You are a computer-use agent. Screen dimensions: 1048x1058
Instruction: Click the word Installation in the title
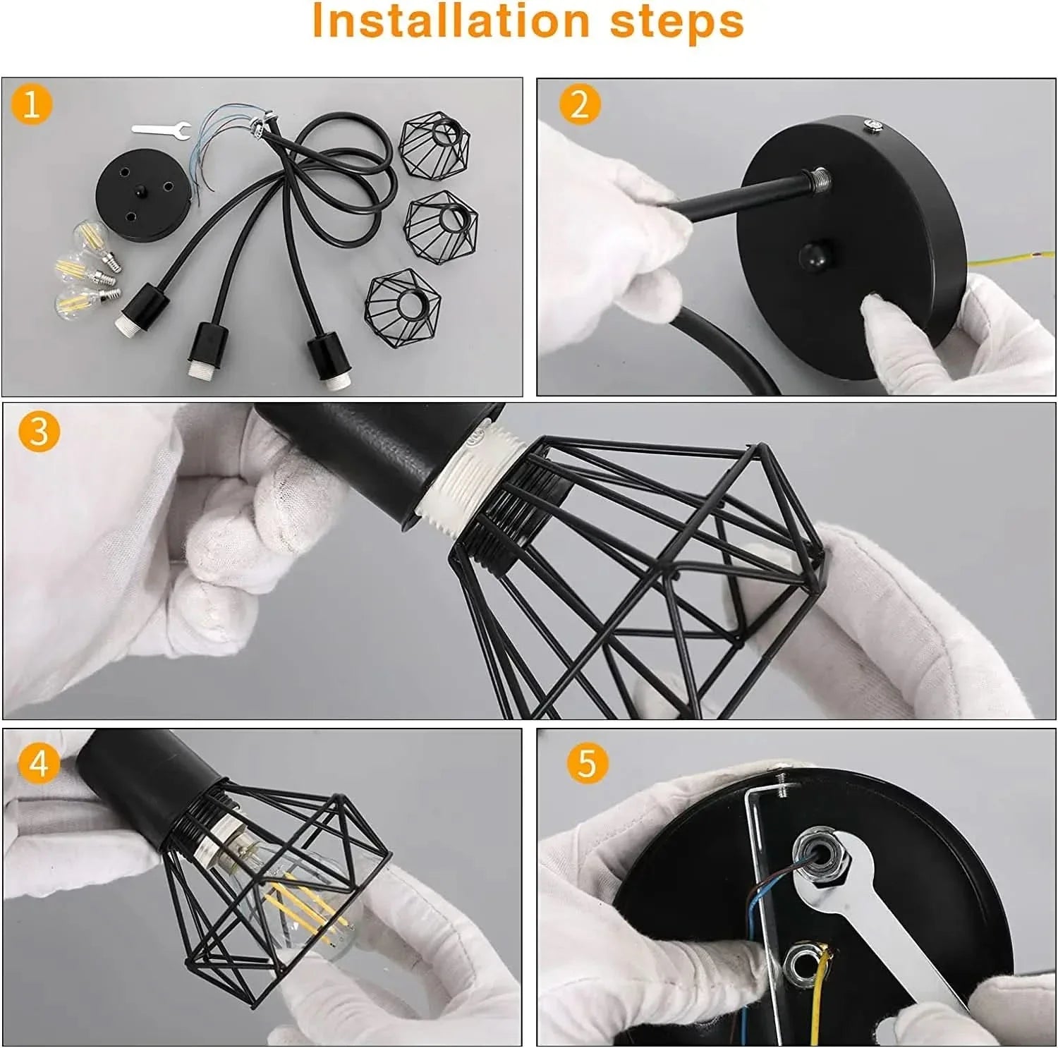[x=450, y=22]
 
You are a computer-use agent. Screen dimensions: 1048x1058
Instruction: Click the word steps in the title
[x=677, y=22]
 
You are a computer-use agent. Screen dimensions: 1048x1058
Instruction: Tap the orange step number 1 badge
[x=31, y=106]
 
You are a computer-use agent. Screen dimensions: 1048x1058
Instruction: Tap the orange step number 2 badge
[x=580, y=106]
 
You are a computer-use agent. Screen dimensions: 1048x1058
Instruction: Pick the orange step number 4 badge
[x=39, y=763]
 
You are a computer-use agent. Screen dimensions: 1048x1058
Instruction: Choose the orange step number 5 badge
[x=588, y=763]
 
